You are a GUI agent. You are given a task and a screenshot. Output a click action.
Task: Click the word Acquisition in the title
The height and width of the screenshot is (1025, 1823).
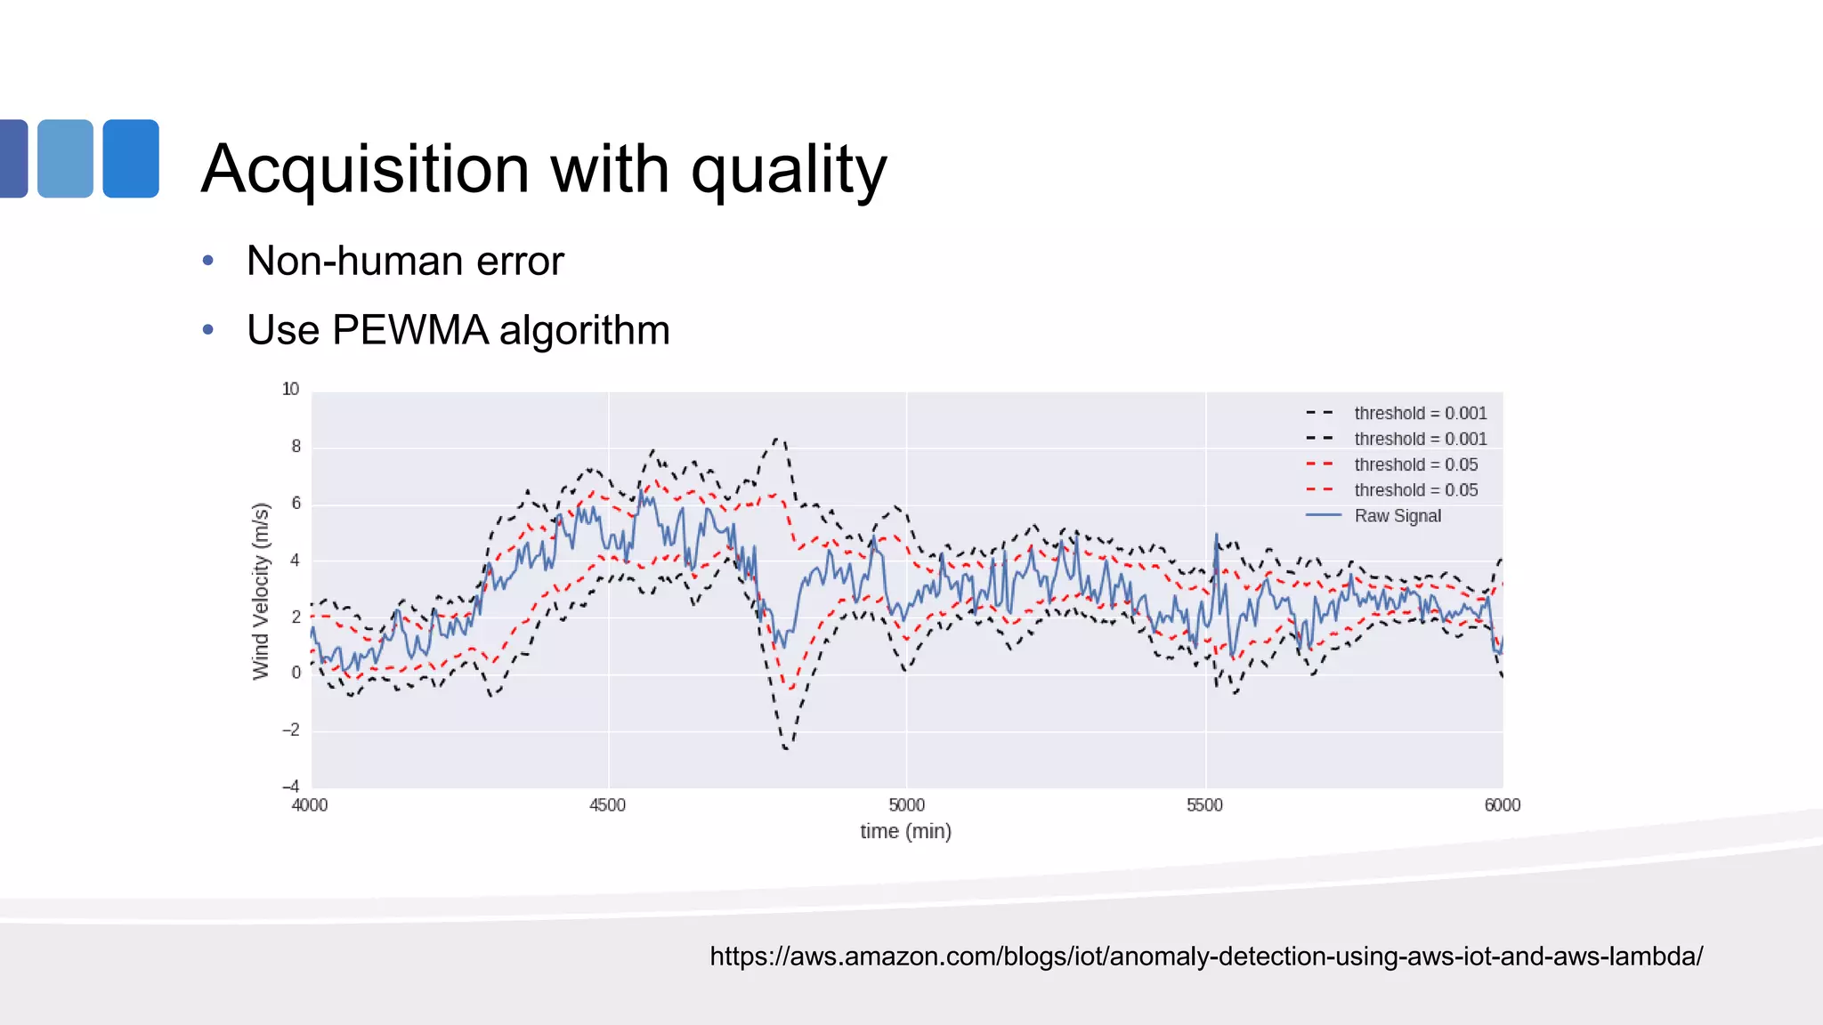point(366,169)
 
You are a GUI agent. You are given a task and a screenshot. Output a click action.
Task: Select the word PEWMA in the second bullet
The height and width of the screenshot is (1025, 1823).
point(410,330)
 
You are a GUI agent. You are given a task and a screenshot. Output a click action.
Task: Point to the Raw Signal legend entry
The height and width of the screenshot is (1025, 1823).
point(1397,516)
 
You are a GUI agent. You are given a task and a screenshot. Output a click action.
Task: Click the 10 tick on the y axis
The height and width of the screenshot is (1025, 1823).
point(290,389)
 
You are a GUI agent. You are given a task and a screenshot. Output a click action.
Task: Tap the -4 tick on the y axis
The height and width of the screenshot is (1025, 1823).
point(290,787)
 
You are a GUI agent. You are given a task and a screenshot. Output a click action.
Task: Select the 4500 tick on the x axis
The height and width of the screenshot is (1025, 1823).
point(607,805)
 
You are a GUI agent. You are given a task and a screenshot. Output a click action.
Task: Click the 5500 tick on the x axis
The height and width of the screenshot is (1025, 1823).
point(1204,805)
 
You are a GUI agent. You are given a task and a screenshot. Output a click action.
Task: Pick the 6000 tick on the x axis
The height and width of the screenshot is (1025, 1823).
point(1502,805)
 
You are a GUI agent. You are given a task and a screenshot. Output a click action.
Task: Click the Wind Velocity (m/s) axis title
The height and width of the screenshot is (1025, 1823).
point(260,591)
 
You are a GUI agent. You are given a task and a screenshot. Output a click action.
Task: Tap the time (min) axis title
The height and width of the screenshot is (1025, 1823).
point(905,831)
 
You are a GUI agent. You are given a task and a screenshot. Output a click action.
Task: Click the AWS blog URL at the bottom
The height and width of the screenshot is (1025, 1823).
point(1206,956)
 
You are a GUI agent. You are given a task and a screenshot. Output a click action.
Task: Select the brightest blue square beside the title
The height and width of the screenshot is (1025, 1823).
point(131,158)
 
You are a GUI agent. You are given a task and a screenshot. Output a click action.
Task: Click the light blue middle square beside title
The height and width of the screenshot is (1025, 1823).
point(66,158)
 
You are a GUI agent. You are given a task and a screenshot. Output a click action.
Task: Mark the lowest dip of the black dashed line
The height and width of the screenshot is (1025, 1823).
point(786,748)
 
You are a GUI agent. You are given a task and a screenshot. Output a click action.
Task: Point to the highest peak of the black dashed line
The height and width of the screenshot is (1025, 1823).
point(778,438)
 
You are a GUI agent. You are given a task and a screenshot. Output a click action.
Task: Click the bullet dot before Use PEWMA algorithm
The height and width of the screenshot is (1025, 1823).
point(208,330)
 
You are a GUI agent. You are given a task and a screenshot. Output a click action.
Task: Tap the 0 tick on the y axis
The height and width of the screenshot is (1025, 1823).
point(296,673)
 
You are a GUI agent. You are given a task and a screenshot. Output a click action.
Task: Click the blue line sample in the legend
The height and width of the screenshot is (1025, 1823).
point(1323,516)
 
